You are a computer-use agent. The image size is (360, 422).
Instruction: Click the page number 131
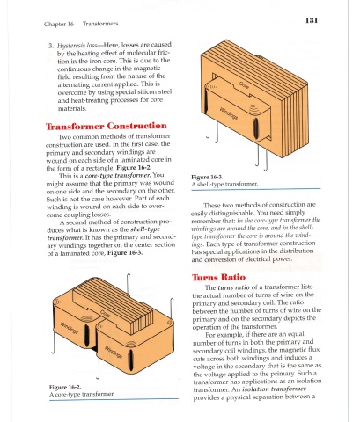click(312, 20)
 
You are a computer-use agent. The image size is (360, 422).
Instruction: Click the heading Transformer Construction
click(107, 126)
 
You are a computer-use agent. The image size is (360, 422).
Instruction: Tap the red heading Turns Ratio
click(218, 277)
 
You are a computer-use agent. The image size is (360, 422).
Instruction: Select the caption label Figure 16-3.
click(207, 177)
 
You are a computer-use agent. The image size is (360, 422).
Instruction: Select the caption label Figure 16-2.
click(65, 387)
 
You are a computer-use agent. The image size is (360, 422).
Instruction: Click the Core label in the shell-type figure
click(244, 85)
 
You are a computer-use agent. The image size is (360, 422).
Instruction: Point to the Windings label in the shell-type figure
click(229, 113)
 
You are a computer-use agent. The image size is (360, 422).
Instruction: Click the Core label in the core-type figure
click(106, 314)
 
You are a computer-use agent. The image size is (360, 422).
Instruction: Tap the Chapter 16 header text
click(59, 24)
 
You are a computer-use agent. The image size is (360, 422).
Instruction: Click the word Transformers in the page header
click(100, 24)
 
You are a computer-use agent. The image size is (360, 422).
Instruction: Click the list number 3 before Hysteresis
click(51, 46)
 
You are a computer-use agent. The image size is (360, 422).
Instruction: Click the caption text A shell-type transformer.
click(224, 184)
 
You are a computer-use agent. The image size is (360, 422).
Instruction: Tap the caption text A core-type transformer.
click(82, 394)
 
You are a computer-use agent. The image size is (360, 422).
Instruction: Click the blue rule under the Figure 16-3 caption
click(256, 189)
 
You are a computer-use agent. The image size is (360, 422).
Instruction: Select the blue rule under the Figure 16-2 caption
click(114, 399)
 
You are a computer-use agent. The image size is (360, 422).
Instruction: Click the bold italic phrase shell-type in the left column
click(145, 229)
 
